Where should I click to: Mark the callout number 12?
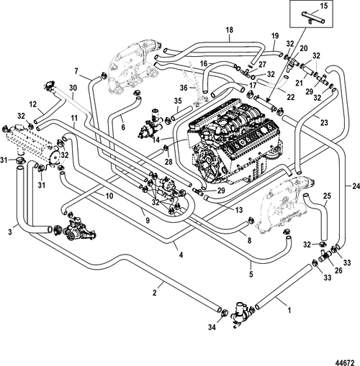coord(32,105)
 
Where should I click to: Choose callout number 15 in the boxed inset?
coord(323,7)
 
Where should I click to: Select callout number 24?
coord(354,186)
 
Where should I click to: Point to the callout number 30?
coord(72,88)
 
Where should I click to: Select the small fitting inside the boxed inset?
coord(315,22)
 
